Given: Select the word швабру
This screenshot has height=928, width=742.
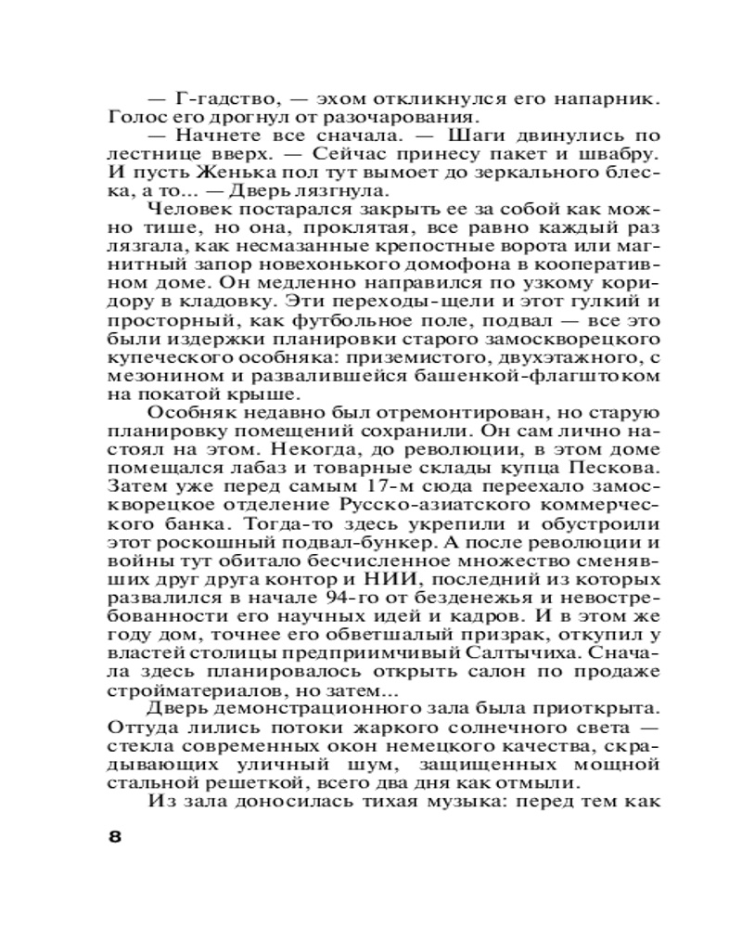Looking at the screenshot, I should coord(623,150).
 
